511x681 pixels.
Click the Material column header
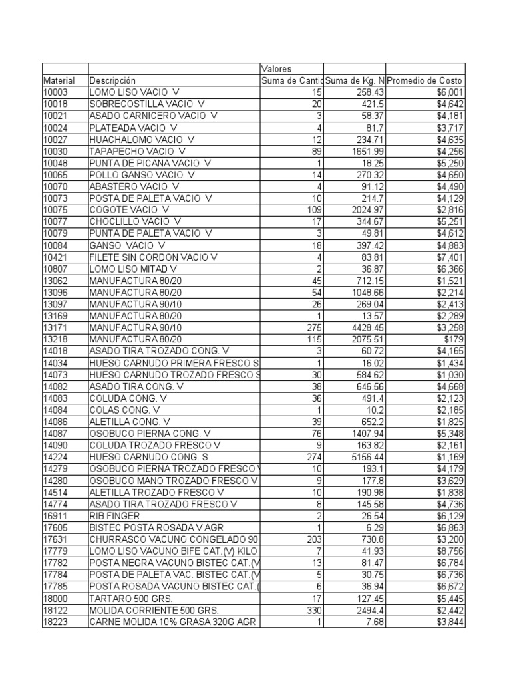click(59, 80)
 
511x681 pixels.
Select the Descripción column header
click(112, 80)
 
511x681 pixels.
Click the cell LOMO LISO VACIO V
click(134, 92)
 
